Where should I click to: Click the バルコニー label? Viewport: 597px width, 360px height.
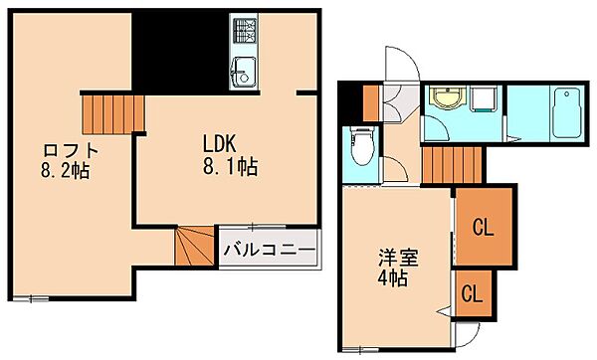(269, 248)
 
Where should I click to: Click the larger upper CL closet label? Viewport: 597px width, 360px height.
(483, 228)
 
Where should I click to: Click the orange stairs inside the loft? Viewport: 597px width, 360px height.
(111, 111)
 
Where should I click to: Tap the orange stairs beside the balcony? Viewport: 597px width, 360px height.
(193, 247)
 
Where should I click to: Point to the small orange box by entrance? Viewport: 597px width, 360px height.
(370, 101)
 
